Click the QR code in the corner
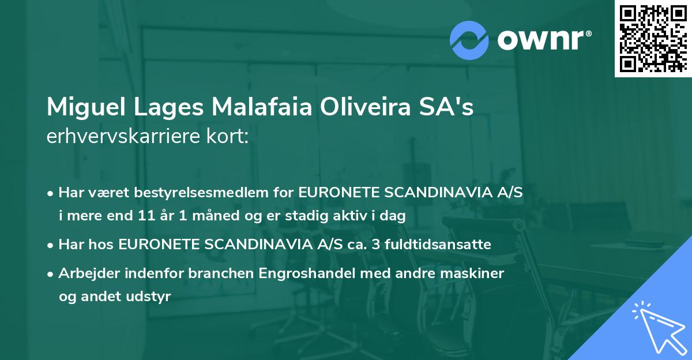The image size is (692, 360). (x=652, y=39)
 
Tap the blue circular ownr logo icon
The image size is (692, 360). (x=469, y=40)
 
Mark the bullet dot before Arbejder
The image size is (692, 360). (x=51, y=273)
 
